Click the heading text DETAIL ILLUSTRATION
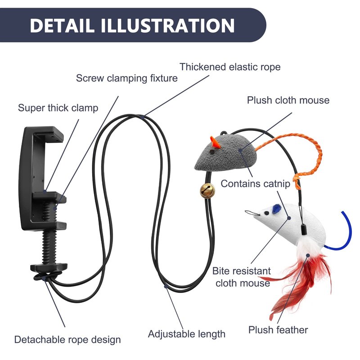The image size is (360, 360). tap(132, 25)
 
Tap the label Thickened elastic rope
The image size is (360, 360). tap(230, 67)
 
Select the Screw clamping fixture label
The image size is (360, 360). tap(126, 78)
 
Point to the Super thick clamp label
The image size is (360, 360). tap(58, 108)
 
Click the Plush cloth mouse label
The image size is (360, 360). tap(288, 100)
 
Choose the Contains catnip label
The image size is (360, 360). tap(259, 184)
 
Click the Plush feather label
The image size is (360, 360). tap(278, 330)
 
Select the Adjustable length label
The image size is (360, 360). tap(186, 334)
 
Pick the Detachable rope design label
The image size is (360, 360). tap(67, 339)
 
